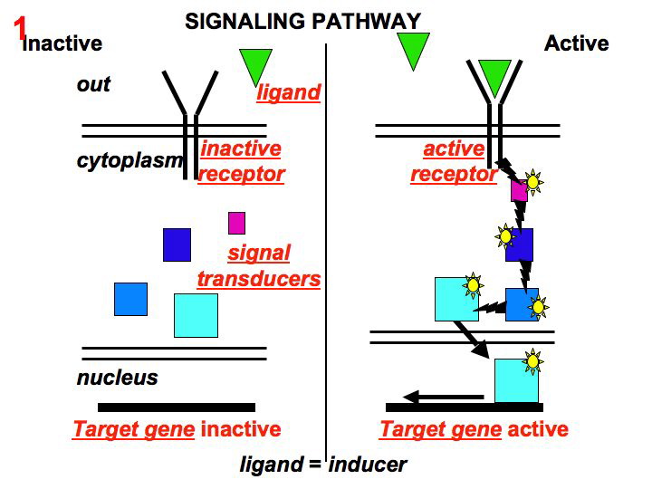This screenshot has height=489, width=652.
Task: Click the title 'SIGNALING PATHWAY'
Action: click(x=302, y=20)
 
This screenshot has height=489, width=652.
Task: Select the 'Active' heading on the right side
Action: click(x=576, y=43)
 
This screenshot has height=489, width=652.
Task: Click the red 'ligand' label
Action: click(x=289, y=92)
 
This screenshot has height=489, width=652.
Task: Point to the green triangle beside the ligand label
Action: click(x=256, y=66)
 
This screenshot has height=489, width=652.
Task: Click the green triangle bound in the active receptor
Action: click(x=494, y=76)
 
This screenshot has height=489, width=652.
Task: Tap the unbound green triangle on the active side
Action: click(x=412, y=50)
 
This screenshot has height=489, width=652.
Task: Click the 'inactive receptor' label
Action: click(x=241, y=161)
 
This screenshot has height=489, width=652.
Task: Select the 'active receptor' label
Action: click(x=454, y=161)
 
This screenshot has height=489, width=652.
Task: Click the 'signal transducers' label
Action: click(x=259, y=266)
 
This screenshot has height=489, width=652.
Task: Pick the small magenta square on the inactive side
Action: click(x=236, y=223)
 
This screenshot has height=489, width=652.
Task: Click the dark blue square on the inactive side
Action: click(x=177, y=244)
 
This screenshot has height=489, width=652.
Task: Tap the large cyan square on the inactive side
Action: click(x=196, y=315)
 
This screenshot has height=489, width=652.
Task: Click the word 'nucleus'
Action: click(x=117, y=378)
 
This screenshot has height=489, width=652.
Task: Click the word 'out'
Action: click(x=93, y=84)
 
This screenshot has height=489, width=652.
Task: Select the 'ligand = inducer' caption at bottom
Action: click(x=323, y=465)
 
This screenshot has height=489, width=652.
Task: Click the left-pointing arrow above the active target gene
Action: click(x=443, y=397)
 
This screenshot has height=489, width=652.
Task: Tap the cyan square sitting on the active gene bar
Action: click(x=516, y=380)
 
